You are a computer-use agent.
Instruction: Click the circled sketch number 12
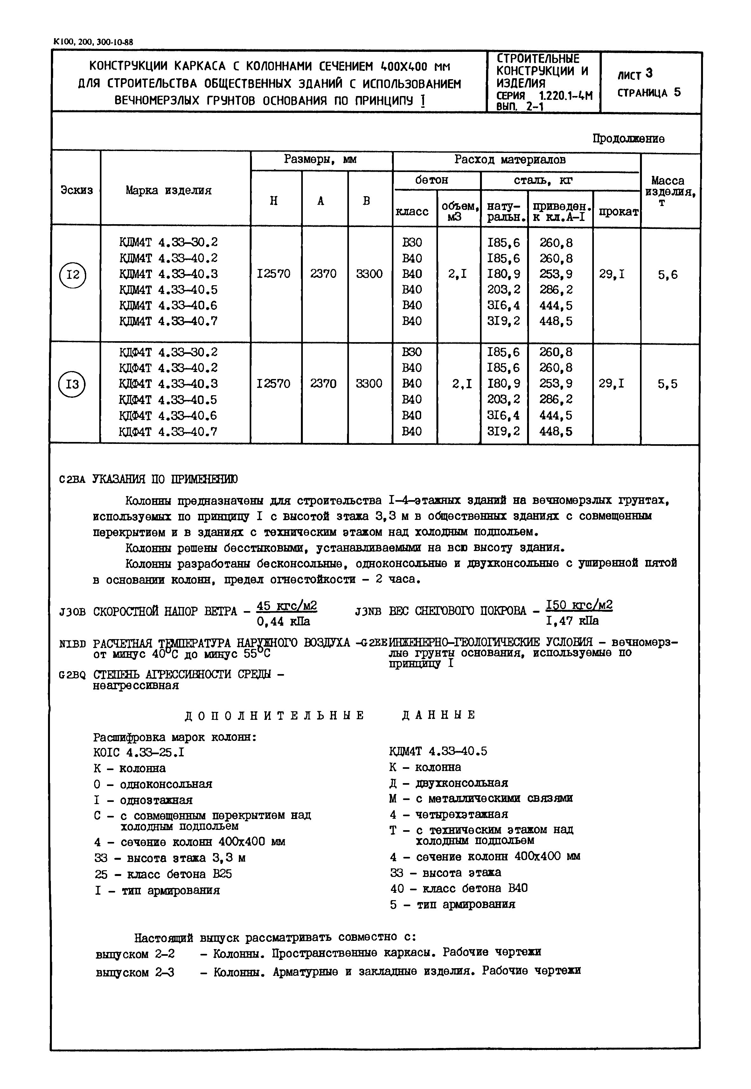coord(73,274)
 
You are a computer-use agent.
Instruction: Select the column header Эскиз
coord(76,190)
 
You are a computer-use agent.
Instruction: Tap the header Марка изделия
coord(169,190)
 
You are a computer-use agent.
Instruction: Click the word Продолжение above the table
coord(628,139)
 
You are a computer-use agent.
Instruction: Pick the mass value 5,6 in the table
coord(668,275)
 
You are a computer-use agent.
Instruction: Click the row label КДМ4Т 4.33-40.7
coord(169,321)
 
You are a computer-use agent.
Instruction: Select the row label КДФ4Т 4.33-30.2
coord(169,352)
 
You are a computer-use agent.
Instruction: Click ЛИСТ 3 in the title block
coord(635,74)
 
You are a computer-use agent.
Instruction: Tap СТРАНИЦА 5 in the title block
coord(649,93)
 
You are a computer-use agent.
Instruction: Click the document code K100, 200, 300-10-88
coord(94,42)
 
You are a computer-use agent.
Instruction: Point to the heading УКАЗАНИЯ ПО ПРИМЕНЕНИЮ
coord(165,479)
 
